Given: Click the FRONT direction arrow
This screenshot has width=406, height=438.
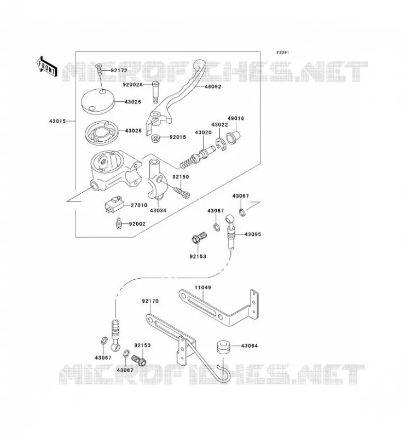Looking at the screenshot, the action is point(47,66).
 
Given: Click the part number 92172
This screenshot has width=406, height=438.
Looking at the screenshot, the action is point(119,71).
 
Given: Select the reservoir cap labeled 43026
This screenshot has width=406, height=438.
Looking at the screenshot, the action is point(98,101).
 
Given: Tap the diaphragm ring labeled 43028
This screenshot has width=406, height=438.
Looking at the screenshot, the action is point(102,133).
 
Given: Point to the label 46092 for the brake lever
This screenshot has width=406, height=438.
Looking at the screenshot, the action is point(213,87).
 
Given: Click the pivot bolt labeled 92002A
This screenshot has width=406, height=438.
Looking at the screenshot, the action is point(155,92).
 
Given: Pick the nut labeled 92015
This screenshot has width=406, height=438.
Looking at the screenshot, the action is point(155,138).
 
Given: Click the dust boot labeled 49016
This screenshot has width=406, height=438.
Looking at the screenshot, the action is point(233,137).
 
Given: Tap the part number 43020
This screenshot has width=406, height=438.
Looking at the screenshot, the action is point(203,132).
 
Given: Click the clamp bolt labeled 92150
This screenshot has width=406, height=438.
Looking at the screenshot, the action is point(182,193).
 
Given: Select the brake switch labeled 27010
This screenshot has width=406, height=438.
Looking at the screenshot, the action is point(114,204).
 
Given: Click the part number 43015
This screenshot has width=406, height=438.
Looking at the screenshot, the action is point(57,121).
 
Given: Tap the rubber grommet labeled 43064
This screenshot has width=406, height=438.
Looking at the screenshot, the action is point(223,347).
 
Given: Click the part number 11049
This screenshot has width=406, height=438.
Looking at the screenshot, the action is point(203,287).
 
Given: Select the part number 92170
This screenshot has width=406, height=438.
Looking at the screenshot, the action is point(150,301).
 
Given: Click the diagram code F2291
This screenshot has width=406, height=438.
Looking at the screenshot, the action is point(283,53).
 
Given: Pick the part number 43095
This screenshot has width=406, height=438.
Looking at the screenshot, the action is point(253,234).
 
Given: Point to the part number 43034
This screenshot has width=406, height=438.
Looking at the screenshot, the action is point(158,210).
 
